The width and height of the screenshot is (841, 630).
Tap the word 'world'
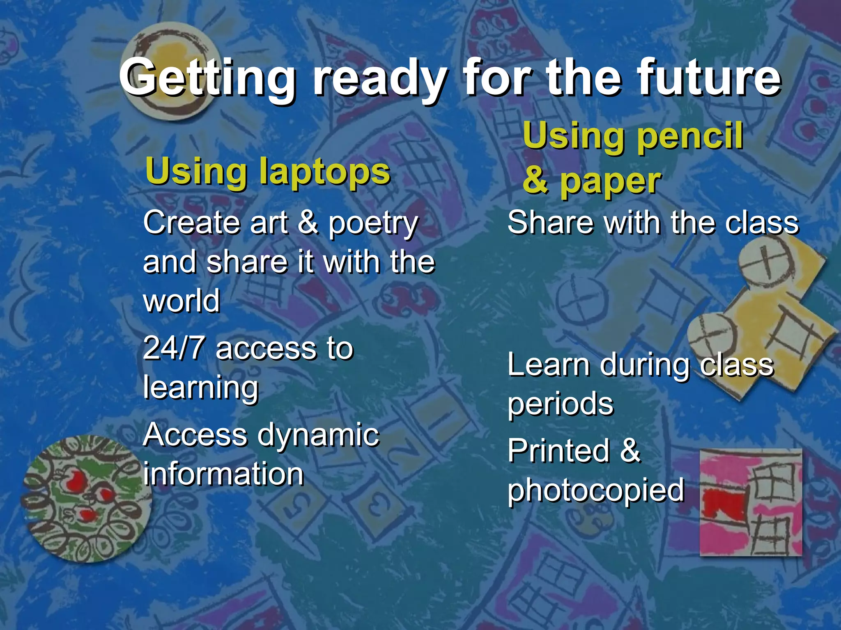182,300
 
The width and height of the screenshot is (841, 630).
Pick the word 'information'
223,474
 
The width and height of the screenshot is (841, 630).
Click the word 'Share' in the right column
550,223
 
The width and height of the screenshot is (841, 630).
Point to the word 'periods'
560,404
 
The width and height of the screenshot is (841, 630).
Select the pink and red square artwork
751,502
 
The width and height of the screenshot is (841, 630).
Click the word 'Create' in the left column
191,223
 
